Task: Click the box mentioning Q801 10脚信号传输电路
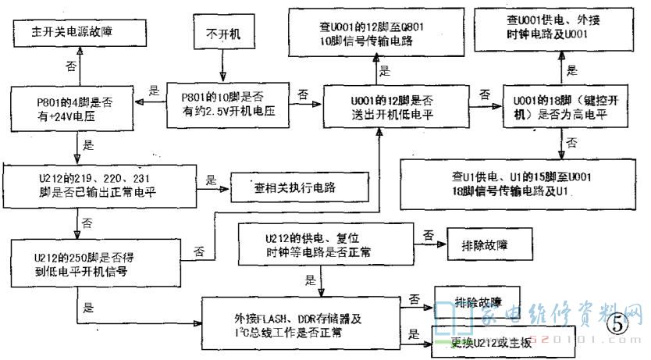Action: (x=374, y=32)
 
